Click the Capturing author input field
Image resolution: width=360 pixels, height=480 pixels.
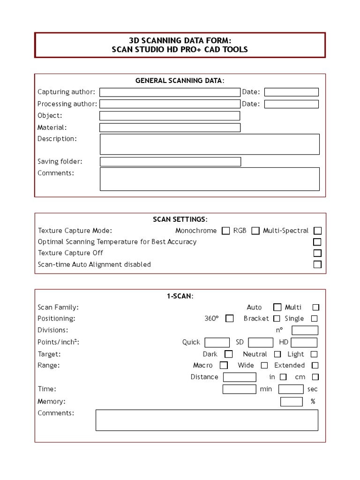[x=169, y=92]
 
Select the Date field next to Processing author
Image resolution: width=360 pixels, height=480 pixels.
[x=291, y=104]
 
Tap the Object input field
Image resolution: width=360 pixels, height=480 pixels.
[x=169, y=116]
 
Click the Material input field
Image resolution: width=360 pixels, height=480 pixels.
[x=170, y=127]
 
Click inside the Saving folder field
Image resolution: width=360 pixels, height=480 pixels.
[x=170, y=162]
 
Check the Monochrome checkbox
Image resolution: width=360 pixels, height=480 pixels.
[x=226, y=231]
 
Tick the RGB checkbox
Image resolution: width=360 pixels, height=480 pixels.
[x=255, y=231]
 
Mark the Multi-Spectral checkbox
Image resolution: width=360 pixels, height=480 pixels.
[x=318, y=231]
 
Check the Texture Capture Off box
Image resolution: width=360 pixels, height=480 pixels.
[x=317, y=253]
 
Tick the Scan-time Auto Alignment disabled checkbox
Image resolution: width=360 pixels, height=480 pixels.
[x=317, y=264]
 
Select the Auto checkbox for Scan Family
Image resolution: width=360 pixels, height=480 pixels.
[x=277, y=307]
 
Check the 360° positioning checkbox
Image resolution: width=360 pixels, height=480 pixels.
[x=229, y=319]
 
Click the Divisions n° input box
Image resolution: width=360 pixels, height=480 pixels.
[x=305, y=330]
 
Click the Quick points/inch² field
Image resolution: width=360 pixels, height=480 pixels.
[x=217, y=343]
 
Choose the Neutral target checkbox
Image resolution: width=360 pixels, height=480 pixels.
[x=277, y=354]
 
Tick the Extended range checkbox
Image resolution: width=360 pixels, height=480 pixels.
[x=315, y=366]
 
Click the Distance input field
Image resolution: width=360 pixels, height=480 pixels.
[x=240, y=377]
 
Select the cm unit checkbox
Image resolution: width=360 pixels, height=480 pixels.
[x=315, y=377]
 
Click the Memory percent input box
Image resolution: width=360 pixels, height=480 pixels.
[x=291, y=402]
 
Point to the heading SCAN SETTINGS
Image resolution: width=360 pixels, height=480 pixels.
[x=180, y=219]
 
